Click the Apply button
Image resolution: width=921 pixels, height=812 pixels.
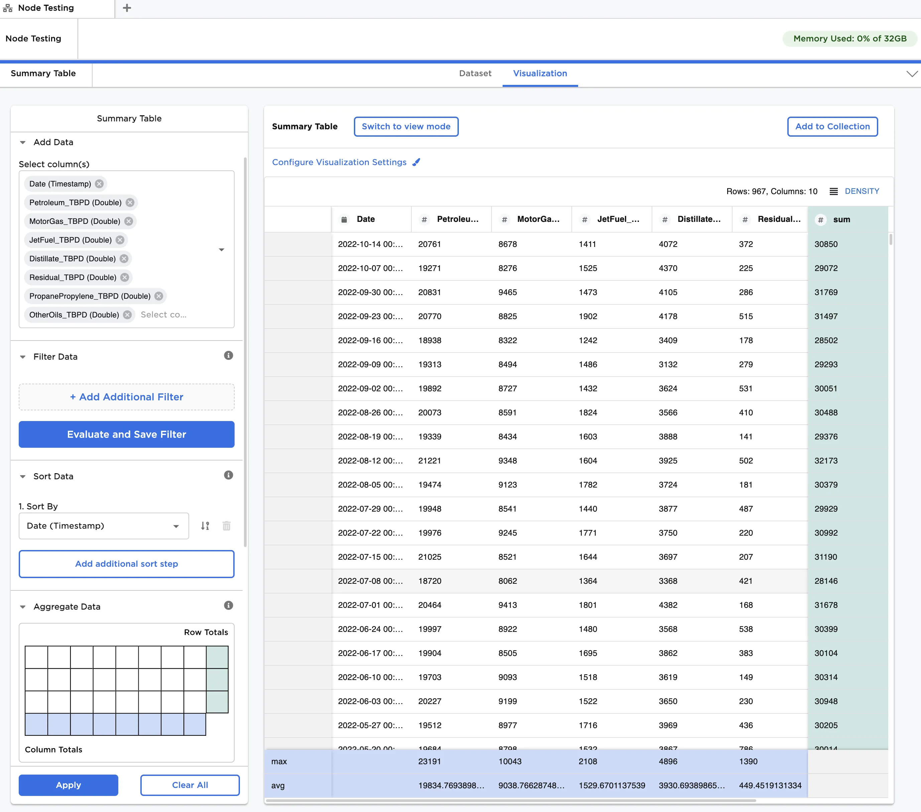pos(68,785)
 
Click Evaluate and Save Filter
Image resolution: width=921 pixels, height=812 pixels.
pos(127,434)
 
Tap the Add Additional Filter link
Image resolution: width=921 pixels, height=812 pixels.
pos(127,397)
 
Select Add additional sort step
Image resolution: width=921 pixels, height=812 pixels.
pos(127,564)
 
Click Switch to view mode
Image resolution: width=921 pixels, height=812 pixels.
pos(406,127)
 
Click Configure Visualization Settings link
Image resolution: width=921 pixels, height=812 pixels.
pos(339,162)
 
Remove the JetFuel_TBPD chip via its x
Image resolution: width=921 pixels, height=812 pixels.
pos(120,240)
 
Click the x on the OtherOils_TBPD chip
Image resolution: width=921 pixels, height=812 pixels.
pos(128,314)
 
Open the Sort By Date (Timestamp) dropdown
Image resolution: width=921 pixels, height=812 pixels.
pos(104,526)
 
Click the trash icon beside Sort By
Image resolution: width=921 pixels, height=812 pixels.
pos(227,526)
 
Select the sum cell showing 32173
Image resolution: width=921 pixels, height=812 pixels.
pos(826,460)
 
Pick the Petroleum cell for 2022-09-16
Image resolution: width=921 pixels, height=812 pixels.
pos(429,340)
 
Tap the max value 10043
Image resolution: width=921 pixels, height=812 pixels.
pos(510,762)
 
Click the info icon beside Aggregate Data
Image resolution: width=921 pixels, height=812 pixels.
pos(229,605)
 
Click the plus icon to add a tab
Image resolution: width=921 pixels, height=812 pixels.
pos(127,8)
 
